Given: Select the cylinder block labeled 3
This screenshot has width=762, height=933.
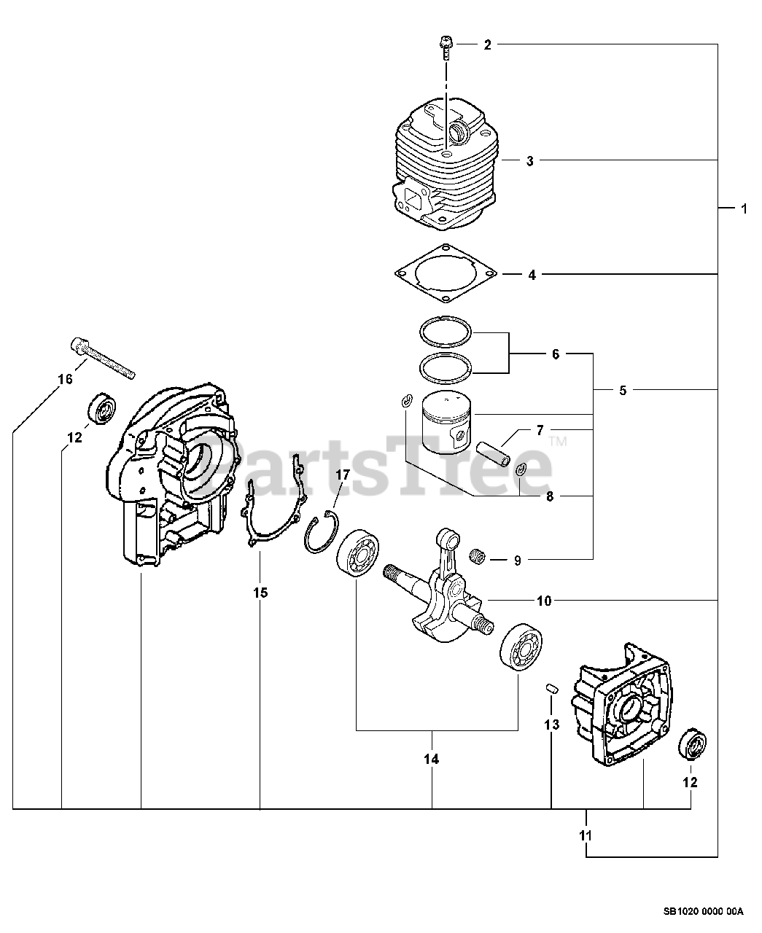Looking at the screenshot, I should point(446,164).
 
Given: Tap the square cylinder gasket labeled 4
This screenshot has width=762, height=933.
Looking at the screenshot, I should point(446,273).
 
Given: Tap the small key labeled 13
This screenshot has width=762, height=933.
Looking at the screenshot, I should point(552,687).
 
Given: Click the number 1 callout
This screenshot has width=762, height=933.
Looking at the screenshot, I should point(744,209).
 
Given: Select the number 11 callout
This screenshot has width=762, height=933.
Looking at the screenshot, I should point(586,835).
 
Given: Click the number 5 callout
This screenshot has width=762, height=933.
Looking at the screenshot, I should point(622,390).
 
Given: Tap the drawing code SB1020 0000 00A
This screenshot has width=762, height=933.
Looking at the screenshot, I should point(703,911).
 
